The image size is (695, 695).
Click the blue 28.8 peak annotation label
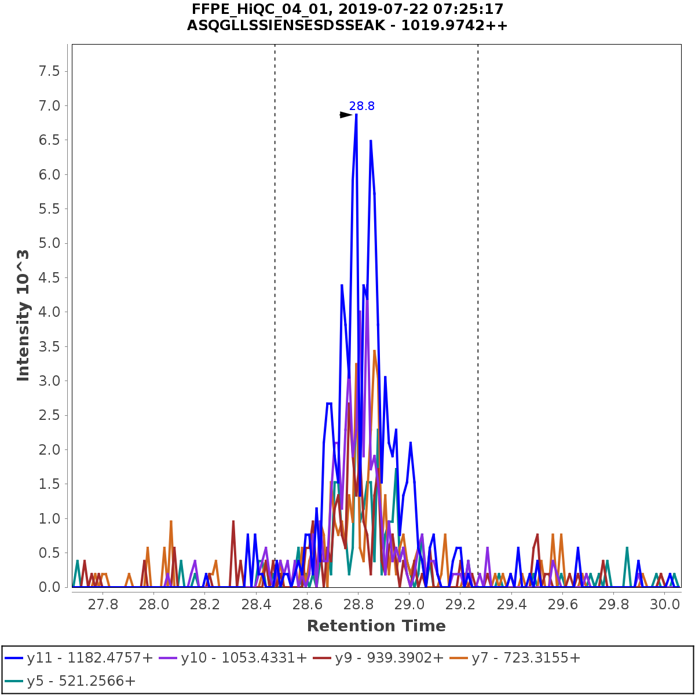click(361, 106)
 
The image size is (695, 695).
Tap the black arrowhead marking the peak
click(346, 115)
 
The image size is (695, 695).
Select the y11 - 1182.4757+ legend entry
click(79, 658)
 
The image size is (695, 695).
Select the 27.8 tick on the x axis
click(103, 605)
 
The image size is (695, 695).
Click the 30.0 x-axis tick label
click(665, 605)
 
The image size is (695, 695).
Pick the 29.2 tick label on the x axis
click(460, 605)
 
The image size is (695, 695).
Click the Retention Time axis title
click(376, 626)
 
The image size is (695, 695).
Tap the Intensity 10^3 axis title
click(23, 315)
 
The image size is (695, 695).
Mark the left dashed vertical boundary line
click(275, 290)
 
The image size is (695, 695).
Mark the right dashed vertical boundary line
click(478, 290)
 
